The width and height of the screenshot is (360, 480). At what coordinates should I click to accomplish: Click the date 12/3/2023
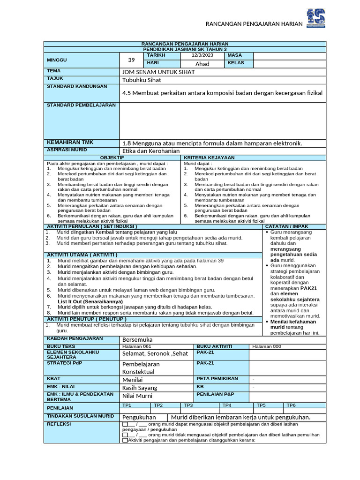click(x=202, y=55)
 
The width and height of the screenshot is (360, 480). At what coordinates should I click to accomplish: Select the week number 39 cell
click(x=131, y=60)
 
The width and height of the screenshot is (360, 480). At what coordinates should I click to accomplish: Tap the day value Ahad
click(x=202, y=64)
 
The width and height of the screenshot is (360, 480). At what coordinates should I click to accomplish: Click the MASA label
click(x=234, y=55)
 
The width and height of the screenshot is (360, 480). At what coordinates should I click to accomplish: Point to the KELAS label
click(x=236, y=63)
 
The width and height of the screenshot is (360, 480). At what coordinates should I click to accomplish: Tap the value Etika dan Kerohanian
click(x=151, y=151)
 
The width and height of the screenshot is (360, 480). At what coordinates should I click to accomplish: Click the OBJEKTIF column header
click(x=112, y=157)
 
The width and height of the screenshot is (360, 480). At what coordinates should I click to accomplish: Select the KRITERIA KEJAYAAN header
click(x=209, y=157)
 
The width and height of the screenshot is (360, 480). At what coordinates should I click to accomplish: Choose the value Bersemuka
click(x=137, y=339)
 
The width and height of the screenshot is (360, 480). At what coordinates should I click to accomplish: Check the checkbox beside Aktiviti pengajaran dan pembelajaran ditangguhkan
click(x=125, y=440)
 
